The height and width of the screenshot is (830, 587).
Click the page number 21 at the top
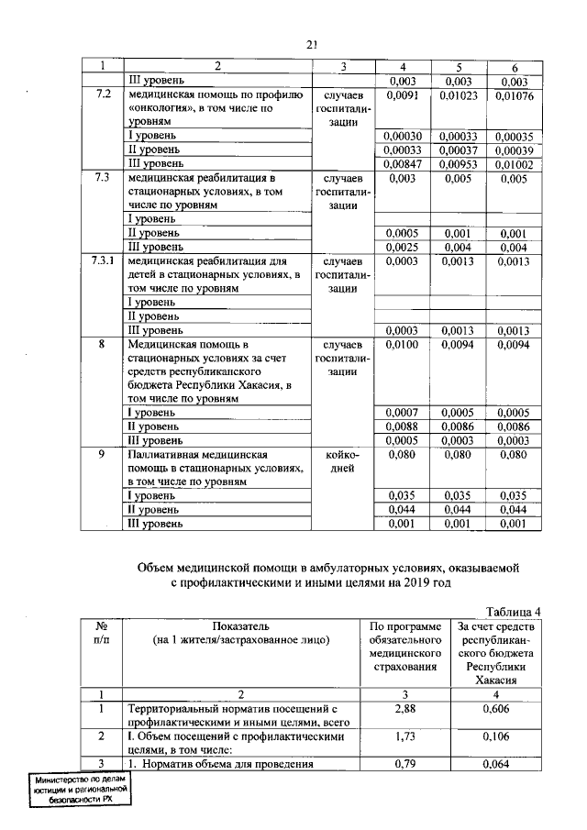[312, 43]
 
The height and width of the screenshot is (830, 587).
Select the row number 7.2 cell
[103, 94]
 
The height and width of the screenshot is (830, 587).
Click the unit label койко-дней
[341, 461]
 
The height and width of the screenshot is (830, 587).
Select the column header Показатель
[240, 625]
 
